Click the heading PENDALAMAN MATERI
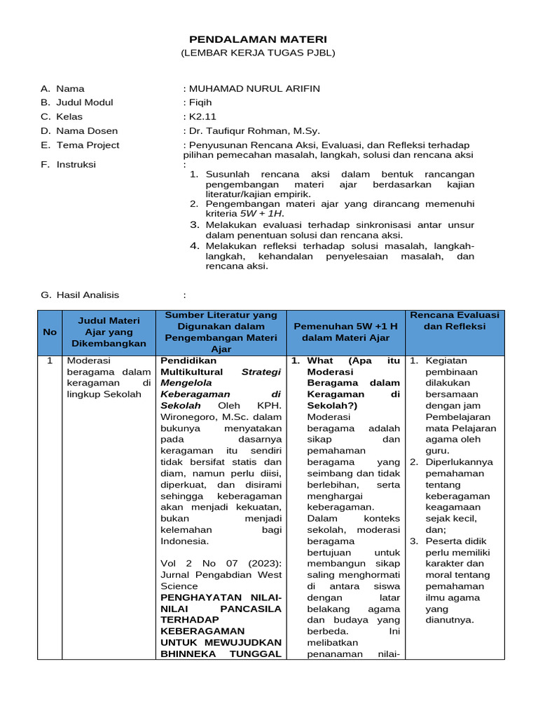[x=258, y=39]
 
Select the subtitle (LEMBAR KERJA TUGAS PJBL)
[x=258, y=53]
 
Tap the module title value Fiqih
[x=199, y=102]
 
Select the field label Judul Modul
[x=84, y=102]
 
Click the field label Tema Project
[x=88, y=145]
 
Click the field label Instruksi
[x=76, y=165]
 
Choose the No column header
[x=50, y=332]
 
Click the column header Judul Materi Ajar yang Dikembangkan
[x=109, y=332]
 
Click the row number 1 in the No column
[x=50, y=360]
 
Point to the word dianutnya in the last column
[x=450, y=620]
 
